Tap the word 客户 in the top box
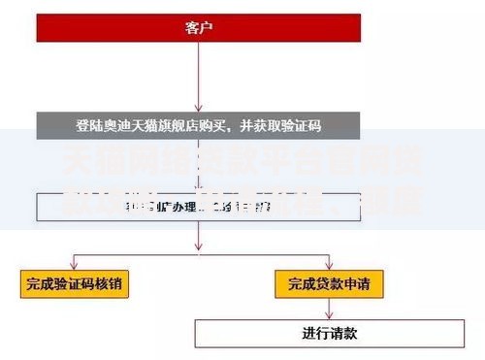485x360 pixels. click(198, 27)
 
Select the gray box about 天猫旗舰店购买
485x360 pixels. click(198, 124)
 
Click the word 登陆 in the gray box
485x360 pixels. click(87, 125)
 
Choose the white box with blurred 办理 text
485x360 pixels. click(198, 207)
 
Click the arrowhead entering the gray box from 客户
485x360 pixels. click(198, 109)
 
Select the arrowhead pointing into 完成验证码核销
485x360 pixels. click(77, 268)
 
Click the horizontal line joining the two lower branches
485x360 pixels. click(199, 250)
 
